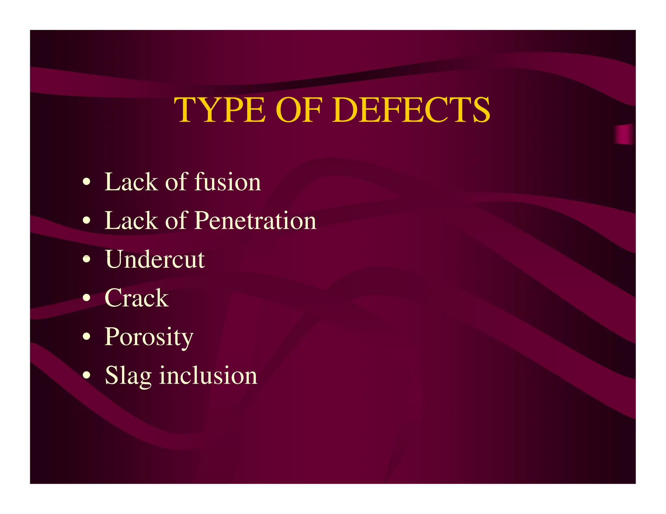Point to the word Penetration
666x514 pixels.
click(x=255, y=220)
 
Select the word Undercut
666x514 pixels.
click(x=155, y=259)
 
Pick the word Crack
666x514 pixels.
click(x=137, y=298)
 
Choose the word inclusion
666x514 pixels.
click(x=208, y=375)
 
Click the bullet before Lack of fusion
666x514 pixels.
click(x=86, y=182)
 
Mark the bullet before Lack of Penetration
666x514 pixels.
click(x=86, y=220)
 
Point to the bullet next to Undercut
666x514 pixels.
click(x=86, y=259)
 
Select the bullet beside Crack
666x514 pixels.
click(x=86, y=298)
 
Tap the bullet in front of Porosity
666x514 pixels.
click(x=86, y=337)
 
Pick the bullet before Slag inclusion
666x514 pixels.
click(x=86, y=375)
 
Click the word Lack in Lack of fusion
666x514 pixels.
click(x=131, y=182)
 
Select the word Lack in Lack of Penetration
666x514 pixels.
click(x=131, y=220)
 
